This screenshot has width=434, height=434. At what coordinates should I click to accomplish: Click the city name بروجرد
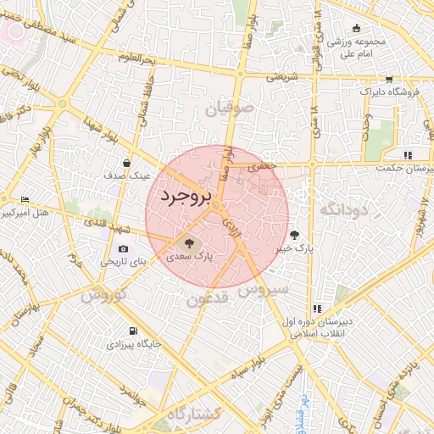pyautogui.click(x=184, y=197)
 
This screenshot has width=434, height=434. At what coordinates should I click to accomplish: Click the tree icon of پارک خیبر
pyautogui.click(x=294, y=235)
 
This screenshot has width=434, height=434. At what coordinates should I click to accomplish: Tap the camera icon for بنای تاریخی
pyautogui.click(x=125, y=249)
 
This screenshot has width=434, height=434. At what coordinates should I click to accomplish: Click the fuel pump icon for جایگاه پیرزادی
pyautogui.click(x=131, y=331)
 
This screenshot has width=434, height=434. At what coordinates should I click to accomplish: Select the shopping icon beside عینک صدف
pyautogui.click(x=126, y=163)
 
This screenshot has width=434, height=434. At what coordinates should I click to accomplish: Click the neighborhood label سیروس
pyautogui.click(x=264, y=290)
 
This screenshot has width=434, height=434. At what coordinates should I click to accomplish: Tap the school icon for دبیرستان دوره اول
pyautogui.click(x=317, y=309)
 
